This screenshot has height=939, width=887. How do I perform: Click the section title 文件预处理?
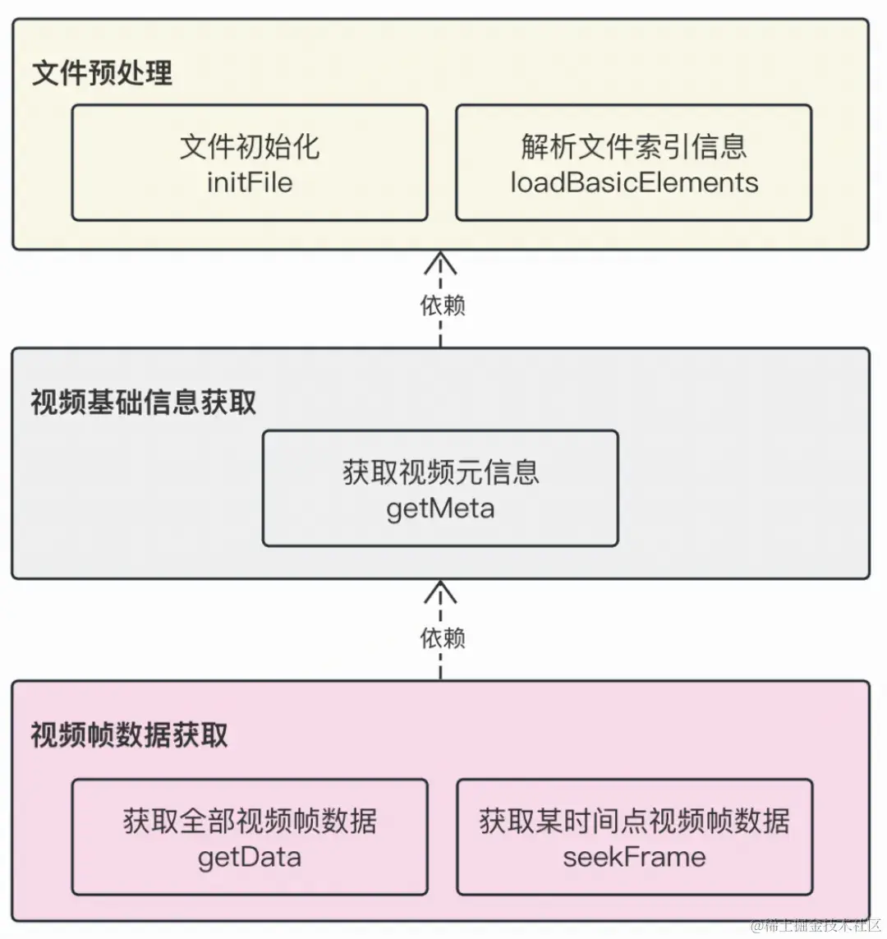point(102,73)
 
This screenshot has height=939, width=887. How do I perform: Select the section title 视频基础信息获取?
point(144,403)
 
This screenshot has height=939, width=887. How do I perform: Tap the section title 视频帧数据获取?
point(129,734)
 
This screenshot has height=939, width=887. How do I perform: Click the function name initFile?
point(250,182)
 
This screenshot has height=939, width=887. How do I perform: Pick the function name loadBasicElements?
point(633,182)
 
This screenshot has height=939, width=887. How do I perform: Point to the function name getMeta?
point(440,509)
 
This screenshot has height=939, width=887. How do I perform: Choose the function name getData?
point(250,857)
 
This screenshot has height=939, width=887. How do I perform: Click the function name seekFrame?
point(633,857)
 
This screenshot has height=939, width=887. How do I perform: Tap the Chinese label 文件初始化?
point(250,147)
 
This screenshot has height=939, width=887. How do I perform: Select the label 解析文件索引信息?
point(633,147)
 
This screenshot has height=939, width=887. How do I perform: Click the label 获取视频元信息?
point(440,472)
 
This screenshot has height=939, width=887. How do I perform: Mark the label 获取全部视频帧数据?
point(250,821)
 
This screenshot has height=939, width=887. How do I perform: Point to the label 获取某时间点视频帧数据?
point(633,821)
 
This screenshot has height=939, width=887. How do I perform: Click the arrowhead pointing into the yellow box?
point(440,261)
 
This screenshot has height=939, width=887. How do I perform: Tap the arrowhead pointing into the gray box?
point(440,591)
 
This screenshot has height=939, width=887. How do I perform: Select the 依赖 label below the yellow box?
point(443,306)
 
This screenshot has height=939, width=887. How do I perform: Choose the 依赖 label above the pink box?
point(443,638)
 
